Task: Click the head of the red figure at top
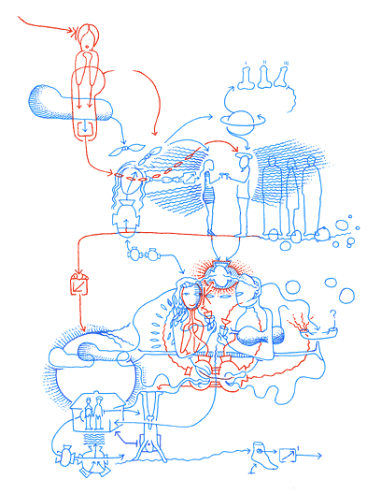(x=87, y=37)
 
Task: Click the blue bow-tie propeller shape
(x=132, y=150)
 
